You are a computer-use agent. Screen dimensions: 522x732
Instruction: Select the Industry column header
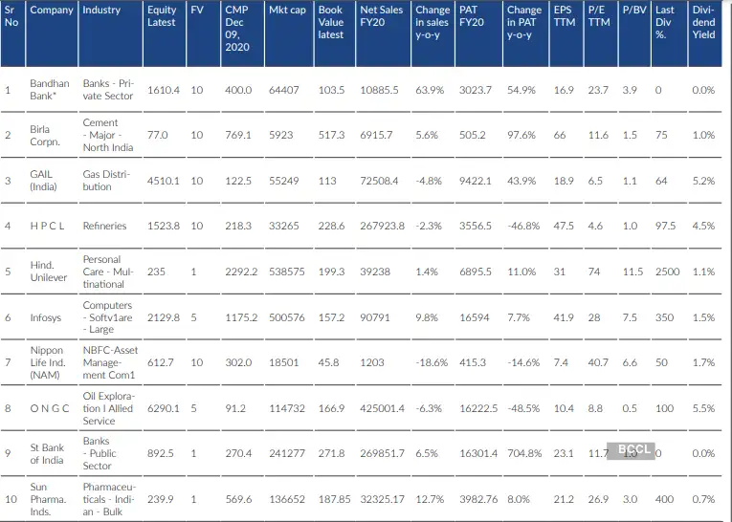[x=101, y=11]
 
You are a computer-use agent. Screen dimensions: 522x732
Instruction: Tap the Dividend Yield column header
[x=703, y=22]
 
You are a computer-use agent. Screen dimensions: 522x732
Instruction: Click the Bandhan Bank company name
[x=49, y=90]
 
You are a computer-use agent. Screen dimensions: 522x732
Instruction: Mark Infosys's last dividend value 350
[x=663, y=317]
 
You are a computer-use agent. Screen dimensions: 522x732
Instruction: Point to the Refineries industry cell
[x=104, y=227]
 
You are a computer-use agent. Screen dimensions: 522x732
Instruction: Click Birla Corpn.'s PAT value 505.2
[x=473, y=136]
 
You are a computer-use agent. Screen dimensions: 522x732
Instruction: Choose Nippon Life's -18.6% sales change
[x=433, y=363]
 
